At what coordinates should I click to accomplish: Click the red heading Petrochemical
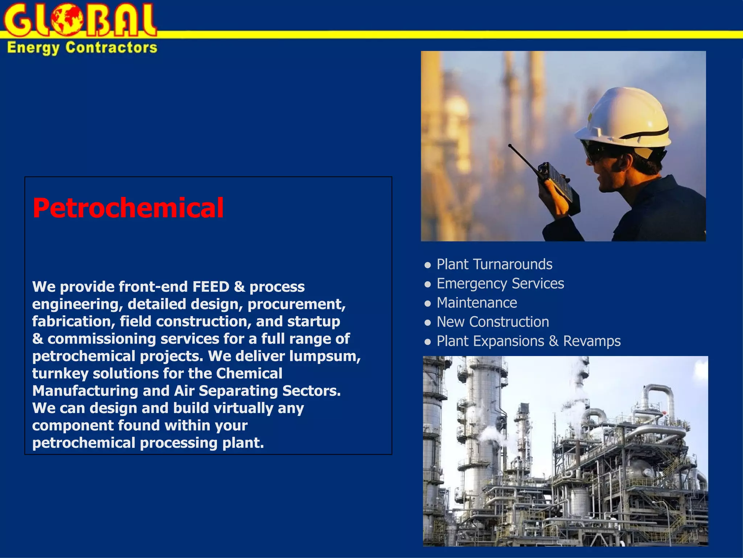tap(128, 208)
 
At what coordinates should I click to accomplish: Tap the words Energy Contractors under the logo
tap(82, 48)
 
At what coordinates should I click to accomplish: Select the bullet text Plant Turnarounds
tap(494, 264)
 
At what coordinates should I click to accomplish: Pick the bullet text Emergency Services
tap(500, 283)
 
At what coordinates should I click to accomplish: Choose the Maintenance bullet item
tap(477, 303)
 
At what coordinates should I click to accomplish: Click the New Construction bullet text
tap(492, 322)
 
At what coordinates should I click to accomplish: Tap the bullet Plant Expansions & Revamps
tap(528, 341)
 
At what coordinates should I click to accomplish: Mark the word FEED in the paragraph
tap(211, 287)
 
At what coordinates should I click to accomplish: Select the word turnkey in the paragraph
tap(60, 373)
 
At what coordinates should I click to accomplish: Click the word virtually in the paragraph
tap(243, 408)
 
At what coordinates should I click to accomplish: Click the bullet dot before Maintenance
tap(428, 303)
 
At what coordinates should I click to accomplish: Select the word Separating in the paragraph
tap(238, 391)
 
